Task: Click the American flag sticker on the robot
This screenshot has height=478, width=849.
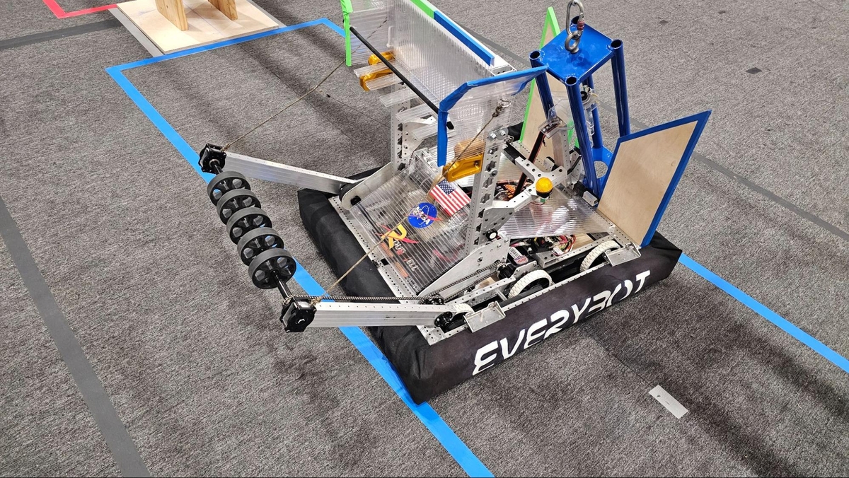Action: click(x=449, y=197)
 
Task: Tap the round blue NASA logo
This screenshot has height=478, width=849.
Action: click(x=422, y=215)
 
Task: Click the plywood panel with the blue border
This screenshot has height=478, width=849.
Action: click(x=649, y=180)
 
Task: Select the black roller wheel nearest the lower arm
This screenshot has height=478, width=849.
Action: click(x=272, y=268)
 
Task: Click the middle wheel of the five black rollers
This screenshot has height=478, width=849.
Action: click(x=248, y=225)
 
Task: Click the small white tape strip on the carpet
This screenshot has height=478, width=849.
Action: click(x=668, y=402)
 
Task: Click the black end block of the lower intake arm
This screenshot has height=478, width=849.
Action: click(x=297, y=315)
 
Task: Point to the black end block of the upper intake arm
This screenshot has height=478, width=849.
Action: click(x=212, y=158)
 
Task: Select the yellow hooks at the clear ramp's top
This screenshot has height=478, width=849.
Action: click(x=378, y=71)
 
